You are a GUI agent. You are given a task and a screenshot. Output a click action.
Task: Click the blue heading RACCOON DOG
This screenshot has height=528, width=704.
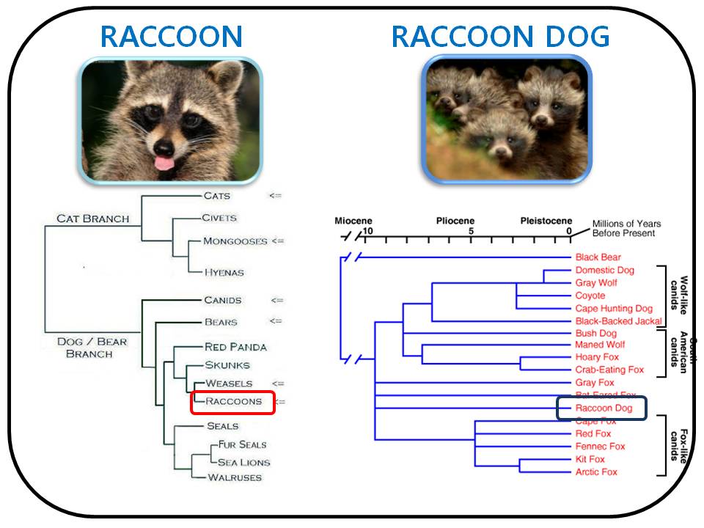[x=500, y=36]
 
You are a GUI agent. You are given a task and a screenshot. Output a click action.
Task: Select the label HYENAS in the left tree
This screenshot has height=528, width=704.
[x=224, y=272]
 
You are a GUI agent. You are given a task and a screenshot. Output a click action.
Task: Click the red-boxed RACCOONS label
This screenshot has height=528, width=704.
[x=232, y=402]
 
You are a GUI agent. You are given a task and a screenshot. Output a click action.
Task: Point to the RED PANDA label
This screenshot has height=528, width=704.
[x=235, y=347]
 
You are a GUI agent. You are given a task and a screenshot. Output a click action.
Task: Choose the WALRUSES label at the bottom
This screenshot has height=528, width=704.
[x=234, y=477]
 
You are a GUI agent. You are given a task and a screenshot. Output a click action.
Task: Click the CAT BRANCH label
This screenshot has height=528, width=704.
[x=92, y=219]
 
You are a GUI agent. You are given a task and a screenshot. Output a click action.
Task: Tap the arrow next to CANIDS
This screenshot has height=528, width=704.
[x=276, y=300]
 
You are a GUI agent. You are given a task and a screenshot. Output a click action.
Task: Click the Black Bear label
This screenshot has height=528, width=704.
[x=598, y=257]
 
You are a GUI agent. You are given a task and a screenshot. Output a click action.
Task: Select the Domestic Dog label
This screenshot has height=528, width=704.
[x=605, y=270]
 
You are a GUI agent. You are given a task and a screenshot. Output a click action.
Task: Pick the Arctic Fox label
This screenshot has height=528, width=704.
[x=596, y=472]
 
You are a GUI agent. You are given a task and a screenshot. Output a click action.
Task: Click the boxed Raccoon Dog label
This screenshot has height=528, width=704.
[x=601, y=408]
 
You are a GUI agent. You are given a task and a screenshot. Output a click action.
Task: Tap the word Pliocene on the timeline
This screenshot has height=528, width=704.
[x=455, y=221]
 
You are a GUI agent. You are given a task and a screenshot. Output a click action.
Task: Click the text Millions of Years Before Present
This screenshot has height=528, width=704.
[x=626, y=228]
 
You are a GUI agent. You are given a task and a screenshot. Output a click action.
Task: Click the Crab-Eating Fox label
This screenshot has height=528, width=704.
[x=609, y=370]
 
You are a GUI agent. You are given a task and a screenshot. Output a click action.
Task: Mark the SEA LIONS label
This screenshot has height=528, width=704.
[x=243, y=462]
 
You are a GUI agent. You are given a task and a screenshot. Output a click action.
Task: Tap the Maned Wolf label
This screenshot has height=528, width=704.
[x=600, y=345]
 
